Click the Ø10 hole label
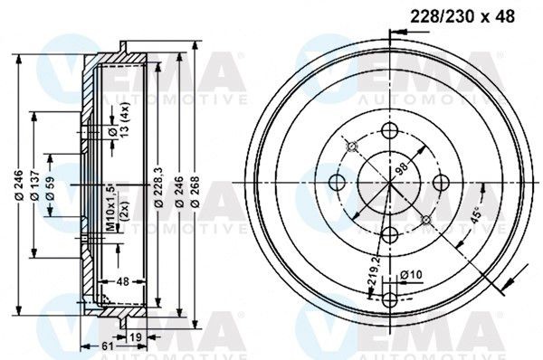click(411, 275)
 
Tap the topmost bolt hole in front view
click(390, 132)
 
